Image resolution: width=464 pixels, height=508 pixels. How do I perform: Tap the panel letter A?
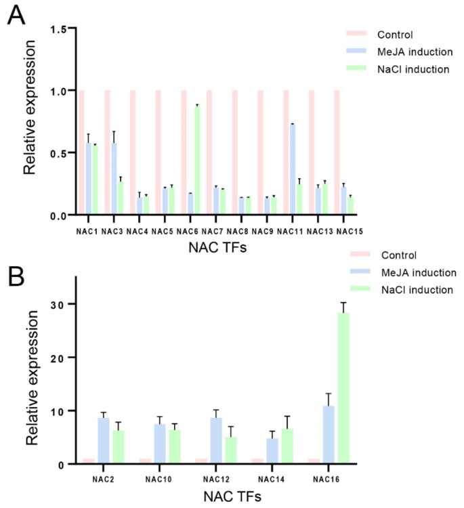pos(16,15)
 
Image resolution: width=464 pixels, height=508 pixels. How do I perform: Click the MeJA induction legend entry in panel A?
pos(411,51)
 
